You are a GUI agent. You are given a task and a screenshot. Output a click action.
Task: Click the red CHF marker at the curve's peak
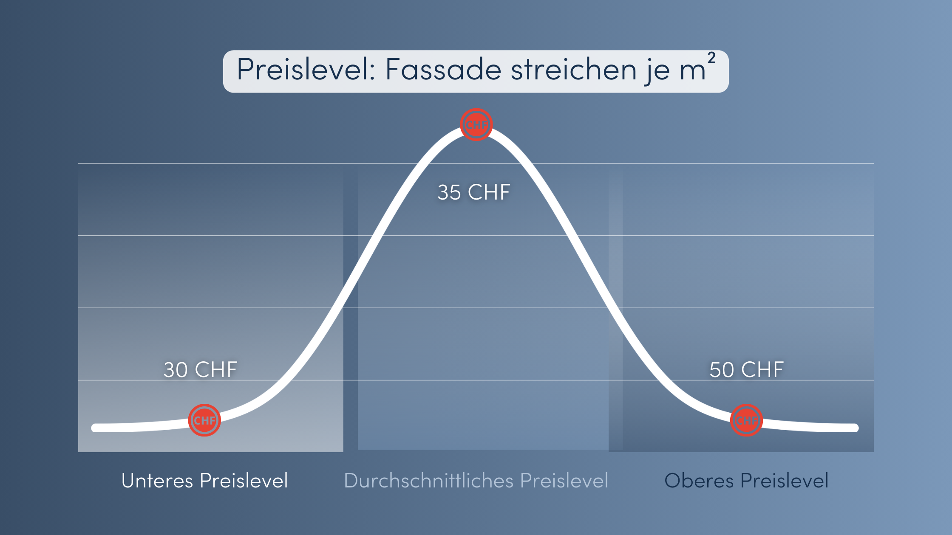tap(476, 124)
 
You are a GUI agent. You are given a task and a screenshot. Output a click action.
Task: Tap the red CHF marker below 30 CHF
tap(204, 420)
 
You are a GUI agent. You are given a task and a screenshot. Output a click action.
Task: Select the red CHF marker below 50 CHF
tap(746, 420)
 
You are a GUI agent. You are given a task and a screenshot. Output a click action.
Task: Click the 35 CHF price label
tap(474, 192)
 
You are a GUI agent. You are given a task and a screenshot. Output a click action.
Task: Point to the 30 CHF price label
tap(201, 370)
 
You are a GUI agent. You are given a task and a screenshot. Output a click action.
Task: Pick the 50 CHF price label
tap(747, 370)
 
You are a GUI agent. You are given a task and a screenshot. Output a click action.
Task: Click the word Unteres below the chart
tap(157, 481)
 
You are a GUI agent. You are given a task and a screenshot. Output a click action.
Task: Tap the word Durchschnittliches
tap(429, 481)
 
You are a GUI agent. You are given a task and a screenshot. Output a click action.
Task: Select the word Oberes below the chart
tap(699, 481)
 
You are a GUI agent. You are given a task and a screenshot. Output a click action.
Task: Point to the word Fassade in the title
tap(443, 69)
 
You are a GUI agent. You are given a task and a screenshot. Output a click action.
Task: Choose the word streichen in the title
tap(573, 69)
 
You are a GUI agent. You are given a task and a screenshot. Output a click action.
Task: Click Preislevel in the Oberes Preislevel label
tap(785, 481)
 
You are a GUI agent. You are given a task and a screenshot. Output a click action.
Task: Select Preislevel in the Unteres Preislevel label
tap(244, 481)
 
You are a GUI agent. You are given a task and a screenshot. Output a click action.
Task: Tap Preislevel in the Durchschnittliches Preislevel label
tap(564, 481)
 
